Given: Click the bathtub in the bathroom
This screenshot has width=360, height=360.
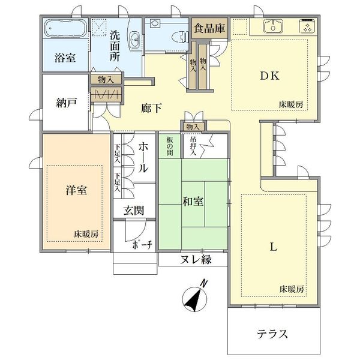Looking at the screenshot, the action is click(x=65, y=28).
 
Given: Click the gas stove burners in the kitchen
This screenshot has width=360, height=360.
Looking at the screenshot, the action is click(x=307, y=26).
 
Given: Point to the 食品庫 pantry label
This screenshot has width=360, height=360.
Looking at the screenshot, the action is click(x=209, y=28).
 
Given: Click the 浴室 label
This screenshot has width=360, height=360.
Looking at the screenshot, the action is click(x=65, y=58).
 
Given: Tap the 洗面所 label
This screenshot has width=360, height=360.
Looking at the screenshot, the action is click(x=115, y=46).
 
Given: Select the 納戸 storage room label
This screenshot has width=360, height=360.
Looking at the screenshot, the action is click(x=67, y=103).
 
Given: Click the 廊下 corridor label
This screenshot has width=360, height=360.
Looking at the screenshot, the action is click(x=152, y=108).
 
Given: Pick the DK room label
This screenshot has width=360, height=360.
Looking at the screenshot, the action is click(x=270, y=76).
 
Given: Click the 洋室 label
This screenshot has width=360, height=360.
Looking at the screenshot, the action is click(x=76, y=190).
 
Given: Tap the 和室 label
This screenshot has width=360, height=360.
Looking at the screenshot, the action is click(x=193, y=202).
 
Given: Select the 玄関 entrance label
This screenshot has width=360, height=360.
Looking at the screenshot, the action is click(x=134, y=211).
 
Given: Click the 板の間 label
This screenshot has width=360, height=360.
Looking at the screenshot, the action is click(x=170, y=146).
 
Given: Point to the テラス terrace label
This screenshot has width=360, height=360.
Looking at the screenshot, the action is click(x=272, y=334).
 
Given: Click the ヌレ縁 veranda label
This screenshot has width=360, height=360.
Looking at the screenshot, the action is click(x=196, y=259).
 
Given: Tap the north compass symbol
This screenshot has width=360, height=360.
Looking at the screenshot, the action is click(x=196, y=297).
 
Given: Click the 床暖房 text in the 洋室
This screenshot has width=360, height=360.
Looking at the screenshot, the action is click(x=86, y=234).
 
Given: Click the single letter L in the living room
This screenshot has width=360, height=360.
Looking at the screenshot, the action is click(x=273, y=247).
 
